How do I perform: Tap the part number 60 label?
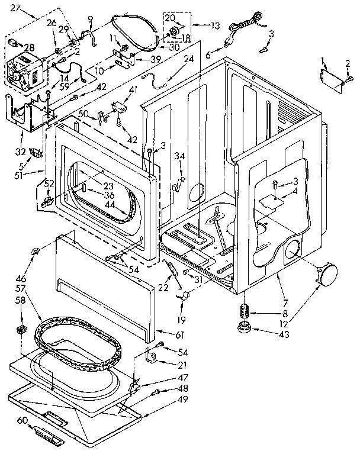[x=22, y=420]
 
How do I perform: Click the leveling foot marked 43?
[x=242, y=329]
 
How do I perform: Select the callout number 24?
[x=189, y=59]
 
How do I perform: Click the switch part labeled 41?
[x=118, y=108]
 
